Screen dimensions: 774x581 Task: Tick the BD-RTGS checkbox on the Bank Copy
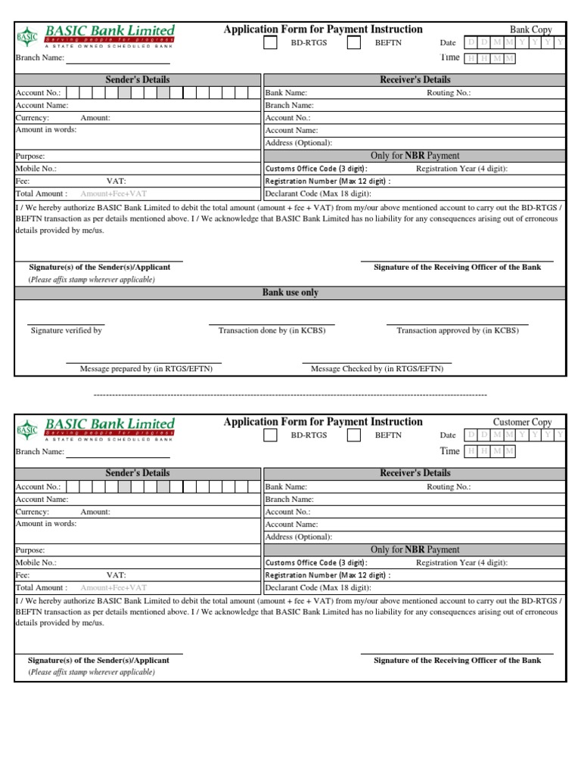[270, 43]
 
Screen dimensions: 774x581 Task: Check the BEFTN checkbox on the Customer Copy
[353, 435]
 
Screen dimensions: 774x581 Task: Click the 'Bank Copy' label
[530, 29]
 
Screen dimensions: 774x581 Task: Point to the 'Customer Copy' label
[522, 423]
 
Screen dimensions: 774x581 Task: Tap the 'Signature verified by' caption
[66, 331]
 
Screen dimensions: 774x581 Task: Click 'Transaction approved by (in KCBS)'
[457, 331]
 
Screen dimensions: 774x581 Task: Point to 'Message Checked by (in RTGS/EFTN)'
[377, 369]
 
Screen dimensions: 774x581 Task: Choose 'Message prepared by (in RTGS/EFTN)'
[146, 369]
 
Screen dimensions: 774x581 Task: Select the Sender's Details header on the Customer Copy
[138, 473]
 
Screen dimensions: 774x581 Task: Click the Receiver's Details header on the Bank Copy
[415, 79]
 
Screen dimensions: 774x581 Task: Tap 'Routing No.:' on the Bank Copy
[449, 93]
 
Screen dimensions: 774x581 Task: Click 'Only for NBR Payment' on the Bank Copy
[415, 156]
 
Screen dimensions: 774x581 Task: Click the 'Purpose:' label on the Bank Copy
[30, 156]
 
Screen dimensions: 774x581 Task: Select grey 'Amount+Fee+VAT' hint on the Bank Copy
[113, 193]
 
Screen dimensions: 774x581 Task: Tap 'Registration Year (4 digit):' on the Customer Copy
[461, 562]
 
